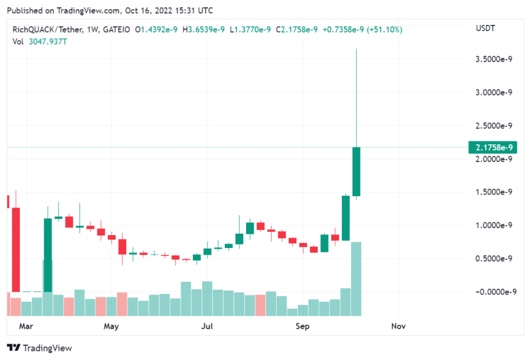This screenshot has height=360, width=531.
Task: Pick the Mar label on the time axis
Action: (x=26, y=326)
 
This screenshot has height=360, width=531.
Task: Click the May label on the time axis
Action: (x=111, y=326)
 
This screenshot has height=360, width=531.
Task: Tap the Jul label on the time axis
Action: (x=207, y=326)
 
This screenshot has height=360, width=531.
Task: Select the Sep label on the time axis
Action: (x=302, y=326)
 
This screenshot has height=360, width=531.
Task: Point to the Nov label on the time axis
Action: (x=398, y=326)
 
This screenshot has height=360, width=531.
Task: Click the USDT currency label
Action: (x=485, y=29)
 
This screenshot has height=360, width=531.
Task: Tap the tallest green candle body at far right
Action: (x=356, y=171)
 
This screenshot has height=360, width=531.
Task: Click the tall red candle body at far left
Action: (x=16, y=249)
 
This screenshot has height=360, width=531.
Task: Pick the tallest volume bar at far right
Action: (x=356, y=279)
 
